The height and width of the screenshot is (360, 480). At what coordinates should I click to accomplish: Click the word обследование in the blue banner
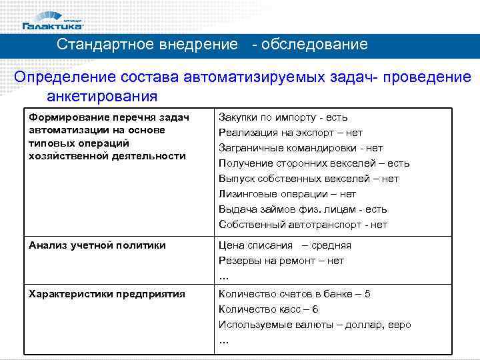(x=315, y=45)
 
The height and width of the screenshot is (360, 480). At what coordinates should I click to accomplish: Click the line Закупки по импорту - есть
(x=283, y=117)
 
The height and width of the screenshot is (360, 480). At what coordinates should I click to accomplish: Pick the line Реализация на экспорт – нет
(x=291, y=133)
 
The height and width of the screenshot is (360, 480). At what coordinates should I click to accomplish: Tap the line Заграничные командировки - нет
(x=301, y=148)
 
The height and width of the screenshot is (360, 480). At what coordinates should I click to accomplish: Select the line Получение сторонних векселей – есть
(x=314, y=163)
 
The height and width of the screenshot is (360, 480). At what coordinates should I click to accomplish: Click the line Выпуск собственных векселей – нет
(x=309, y=179)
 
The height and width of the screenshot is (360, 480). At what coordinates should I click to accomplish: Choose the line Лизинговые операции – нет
(x=287, y=194)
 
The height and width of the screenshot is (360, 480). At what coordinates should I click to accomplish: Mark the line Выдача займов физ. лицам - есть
(x=303, y=209)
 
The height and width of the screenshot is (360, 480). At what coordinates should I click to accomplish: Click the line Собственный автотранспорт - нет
(x=303, y=225)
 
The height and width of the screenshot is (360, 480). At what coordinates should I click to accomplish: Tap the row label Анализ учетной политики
(x=97, y=245)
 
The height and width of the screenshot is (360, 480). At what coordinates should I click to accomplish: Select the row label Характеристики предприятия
(x=107, y=294)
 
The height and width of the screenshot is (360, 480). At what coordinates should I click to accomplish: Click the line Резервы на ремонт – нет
(x=281, y=261)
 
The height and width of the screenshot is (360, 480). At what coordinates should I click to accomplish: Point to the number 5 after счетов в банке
(x=367, y=294)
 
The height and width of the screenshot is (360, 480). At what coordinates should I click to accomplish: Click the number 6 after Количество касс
(x=315, y=309)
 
